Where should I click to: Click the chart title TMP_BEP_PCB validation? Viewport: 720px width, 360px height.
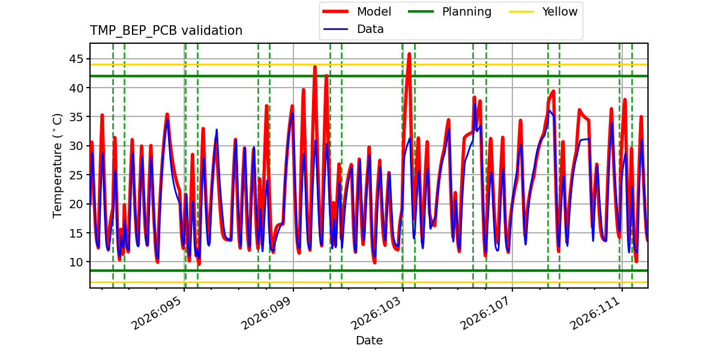point(166,31)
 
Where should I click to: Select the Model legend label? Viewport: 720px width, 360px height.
point(374,11)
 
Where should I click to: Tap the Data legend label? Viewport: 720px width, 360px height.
point(370,29)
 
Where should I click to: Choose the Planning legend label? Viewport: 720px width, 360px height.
point(467,11)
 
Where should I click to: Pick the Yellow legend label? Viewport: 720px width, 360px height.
point(560,11)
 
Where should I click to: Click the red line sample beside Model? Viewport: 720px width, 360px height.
point(335,11)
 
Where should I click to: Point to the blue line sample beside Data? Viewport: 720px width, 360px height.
point(335,29)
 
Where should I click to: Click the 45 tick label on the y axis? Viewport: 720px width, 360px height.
point(76,59)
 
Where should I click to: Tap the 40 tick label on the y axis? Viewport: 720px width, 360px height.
point(76,88)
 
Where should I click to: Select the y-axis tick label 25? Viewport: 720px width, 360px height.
point(76,175)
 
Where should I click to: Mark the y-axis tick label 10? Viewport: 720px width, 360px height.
point(76,262)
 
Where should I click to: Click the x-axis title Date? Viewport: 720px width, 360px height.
point(370,340)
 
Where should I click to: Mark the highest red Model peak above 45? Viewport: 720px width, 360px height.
point(409,53)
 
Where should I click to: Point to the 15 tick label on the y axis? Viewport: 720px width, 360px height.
point(76,233)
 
